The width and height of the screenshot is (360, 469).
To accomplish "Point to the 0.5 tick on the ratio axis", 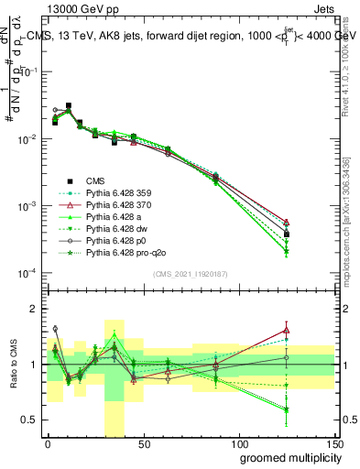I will pos(34,420).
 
